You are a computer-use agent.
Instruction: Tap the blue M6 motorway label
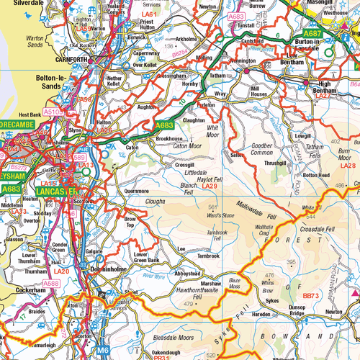(x=104, y=351)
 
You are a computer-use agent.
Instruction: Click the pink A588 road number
(x=52, y=284)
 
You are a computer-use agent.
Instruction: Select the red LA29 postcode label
(x=210, y=187)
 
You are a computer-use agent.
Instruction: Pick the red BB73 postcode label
(x=310, y=295)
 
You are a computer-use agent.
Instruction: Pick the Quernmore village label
(x=136, y=191)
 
